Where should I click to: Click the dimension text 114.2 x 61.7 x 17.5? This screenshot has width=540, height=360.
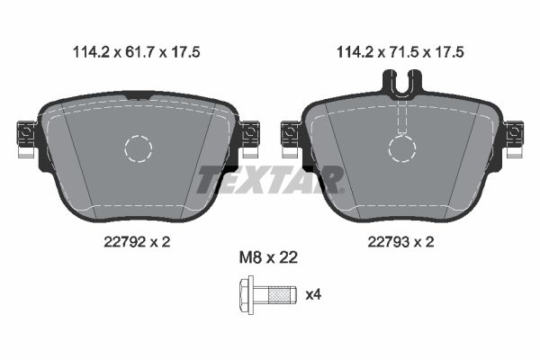click(x=137, y=52)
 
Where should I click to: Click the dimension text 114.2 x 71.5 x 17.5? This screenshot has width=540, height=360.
click(x=400, y=52)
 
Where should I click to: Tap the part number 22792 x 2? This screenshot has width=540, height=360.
click(x=137, y=242)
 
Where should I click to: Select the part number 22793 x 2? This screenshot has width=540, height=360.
click(x=400, y=242)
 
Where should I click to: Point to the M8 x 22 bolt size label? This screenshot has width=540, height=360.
click(x=268, y=257)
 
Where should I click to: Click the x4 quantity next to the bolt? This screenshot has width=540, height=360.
click(x=313, y=294)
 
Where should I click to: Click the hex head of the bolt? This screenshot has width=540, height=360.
click(x=247, y=295)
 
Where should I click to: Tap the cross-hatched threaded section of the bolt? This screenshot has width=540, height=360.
click(x=279, y=295)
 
